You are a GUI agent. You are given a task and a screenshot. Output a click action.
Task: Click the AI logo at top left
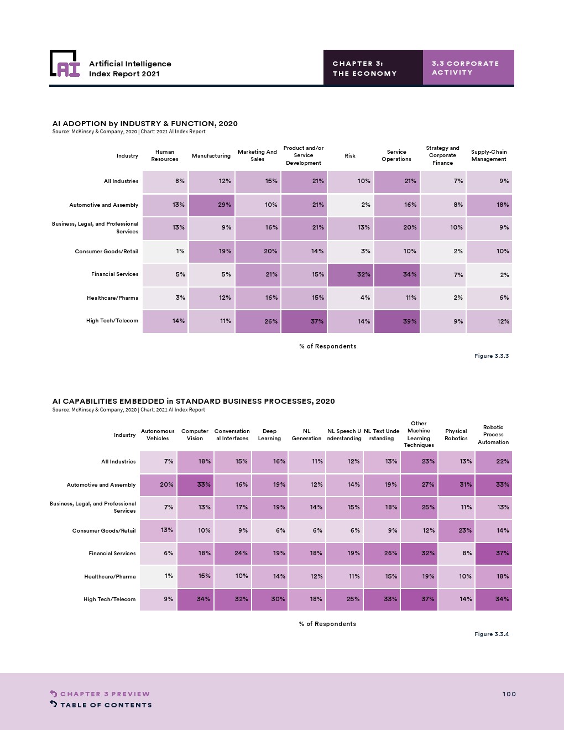click(x=65, y=64)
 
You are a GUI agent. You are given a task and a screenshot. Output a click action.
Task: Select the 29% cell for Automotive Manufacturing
click(x=212, y=205)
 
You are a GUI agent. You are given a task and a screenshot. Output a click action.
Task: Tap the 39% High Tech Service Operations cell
click(x=396, y=321)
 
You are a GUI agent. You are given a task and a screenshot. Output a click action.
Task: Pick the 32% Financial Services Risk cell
click(x=350, y=274)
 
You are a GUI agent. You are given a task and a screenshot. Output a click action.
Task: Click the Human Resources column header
click(x=165, y=155)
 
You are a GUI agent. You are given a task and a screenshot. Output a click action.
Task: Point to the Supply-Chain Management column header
click(x=489, y=155)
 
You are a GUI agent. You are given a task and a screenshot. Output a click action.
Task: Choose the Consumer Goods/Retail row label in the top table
click(x=107, y=251)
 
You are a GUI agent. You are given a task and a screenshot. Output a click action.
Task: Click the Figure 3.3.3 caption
click(x=491, y=356)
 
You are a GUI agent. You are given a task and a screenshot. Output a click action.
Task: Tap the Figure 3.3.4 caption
click(x=491, y=634)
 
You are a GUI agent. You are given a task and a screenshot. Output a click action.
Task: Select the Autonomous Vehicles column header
click(x=158, y=435)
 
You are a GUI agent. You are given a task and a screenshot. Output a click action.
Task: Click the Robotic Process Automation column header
click(x=493, y=435)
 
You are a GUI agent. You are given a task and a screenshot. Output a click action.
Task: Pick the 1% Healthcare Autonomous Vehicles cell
click(x=158, y=576)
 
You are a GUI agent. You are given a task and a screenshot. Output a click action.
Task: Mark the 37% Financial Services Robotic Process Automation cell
click(x=493, y=553)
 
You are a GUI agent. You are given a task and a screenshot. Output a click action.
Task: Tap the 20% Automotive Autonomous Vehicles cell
click(x=158, y=484)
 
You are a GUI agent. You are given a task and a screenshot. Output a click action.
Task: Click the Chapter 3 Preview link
click(x=105, y=694)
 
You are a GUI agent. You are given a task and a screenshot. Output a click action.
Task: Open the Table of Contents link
click(x=106, y=705)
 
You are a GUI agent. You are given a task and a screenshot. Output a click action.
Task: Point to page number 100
click(x=509, y=694)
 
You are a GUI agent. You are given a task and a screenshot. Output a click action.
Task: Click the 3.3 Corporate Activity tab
click(x=468, y=67)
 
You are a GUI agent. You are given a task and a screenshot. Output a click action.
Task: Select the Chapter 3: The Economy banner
click(x=373, y=68)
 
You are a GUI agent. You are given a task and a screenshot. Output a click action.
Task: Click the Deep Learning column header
click(x=269, y=435)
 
